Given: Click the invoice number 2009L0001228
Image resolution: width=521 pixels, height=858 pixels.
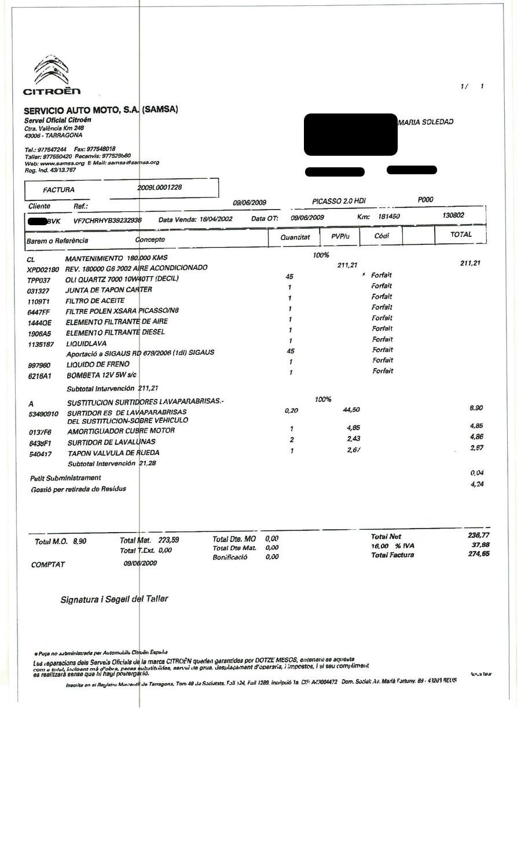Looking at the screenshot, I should (160, 188).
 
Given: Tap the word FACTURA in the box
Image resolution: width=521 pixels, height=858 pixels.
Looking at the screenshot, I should (58, 190).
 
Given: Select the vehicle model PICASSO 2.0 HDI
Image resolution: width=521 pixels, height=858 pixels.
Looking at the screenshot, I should (339, 201).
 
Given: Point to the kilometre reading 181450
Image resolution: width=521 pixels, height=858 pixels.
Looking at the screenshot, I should (389, 216).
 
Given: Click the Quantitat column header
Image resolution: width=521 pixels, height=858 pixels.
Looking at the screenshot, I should (295, 237).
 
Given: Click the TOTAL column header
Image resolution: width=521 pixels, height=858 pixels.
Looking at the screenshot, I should (461, 234).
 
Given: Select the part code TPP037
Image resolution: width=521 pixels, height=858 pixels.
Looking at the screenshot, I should (39, 280).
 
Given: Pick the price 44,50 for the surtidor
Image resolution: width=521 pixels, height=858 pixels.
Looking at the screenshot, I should (351, 410).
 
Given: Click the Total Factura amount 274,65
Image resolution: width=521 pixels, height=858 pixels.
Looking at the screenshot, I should (478, 554).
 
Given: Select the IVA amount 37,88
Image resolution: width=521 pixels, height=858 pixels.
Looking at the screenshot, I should (480, 545).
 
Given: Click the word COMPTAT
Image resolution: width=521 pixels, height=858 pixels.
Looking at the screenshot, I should (48, 564).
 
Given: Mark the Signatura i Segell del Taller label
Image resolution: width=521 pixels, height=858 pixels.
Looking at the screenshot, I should (114, 599).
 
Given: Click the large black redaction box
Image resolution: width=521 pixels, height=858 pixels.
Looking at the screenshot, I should (350, 134).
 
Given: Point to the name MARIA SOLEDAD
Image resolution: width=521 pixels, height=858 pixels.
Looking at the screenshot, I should (425, 122).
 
